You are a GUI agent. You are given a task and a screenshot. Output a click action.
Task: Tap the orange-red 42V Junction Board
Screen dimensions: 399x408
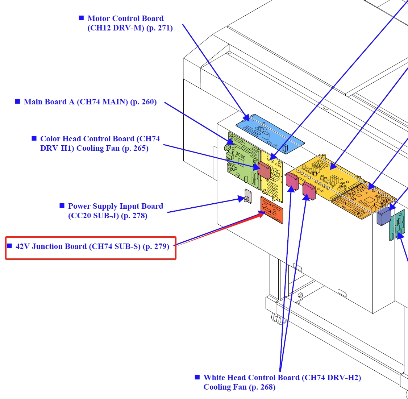271,210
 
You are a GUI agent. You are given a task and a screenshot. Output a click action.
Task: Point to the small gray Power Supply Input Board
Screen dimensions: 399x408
248,196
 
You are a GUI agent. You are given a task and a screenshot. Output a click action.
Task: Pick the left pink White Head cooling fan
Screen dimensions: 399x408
292,181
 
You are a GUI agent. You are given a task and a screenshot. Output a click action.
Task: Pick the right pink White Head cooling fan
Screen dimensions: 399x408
309,191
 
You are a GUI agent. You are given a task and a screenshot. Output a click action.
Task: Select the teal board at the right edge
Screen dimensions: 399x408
397,225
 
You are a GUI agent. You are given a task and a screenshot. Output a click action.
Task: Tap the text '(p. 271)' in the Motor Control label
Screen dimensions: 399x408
159,28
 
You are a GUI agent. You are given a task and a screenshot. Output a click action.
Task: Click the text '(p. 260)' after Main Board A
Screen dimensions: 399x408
143,102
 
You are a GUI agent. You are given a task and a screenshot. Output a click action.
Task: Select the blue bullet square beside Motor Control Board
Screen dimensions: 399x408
82,18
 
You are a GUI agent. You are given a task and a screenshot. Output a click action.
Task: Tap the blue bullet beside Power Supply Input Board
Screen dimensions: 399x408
62,205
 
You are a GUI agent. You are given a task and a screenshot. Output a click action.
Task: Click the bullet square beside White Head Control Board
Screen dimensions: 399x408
197,377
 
